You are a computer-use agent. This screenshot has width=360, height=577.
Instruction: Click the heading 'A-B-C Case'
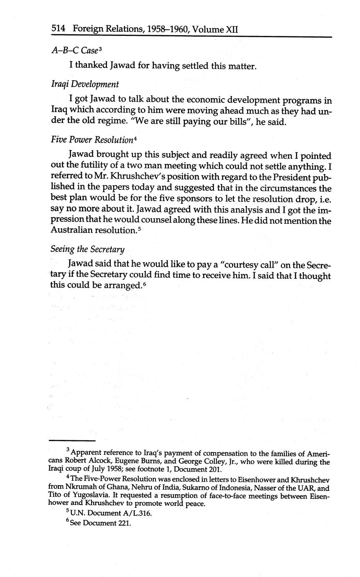click(74, 51)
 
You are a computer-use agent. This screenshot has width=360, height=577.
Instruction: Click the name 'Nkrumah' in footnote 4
click(80, 488)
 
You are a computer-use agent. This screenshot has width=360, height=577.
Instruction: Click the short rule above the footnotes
click(72, 440)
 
